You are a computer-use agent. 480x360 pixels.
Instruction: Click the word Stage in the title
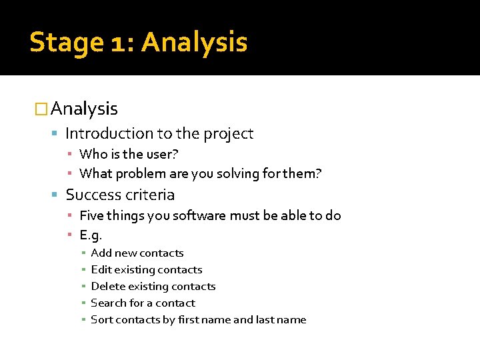pos(67,43)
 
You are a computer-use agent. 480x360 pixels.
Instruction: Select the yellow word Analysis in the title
pos(194,43)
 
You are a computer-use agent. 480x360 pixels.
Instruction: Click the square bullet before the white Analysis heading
pos(41,109)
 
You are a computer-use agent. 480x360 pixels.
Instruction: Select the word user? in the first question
pos(163,155)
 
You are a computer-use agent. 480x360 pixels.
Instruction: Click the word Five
pos(91,215)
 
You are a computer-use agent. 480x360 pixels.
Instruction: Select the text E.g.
pos(90,235)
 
